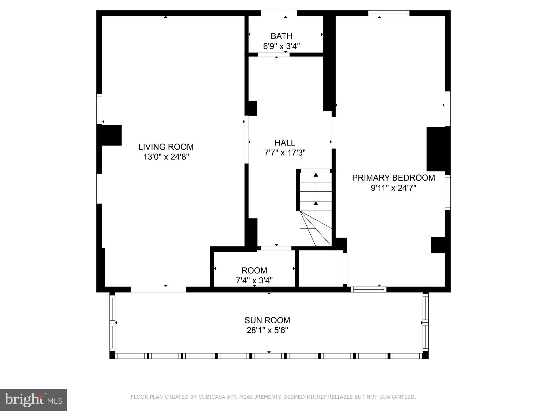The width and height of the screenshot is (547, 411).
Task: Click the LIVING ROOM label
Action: click(166, 147)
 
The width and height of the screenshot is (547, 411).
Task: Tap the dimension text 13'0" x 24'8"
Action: click(166, 157)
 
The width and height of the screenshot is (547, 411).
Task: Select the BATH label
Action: click(281, 36)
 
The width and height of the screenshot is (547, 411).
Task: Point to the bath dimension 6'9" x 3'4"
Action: click(281, 46)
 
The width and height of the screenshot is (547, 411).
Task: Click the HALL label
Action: click(285, 143)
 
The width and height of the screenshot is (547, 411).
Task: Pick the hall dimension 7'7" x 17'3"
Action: click(285, 153)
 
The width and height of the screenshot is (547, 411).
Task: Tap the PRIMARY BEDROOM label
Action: click(393, 178)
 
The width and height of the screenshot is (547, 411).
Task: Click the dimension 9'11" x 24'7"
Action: click(393, 188)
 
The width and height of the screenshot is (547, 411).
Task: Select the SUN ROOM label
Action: click(267, 320)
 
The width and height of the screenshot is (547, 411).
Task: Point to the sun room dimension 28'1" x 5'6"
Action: click(267, 330)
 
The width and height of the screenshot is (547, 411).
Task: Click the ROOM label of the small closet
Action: click(254, 270)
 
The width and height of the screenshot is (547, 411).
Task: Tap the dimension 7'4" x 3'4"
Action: click(254, 280)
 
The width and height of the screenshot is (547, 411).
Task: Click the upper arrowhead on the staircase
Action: click(316, 175)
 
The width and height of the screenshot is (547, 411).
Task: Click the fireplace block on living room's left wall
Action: click(112, 135)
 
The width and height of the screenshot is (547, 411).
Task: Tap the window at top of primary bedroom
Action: click(389, 13)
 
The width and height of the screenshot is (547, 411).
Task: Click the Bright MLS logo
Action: click(33, 400)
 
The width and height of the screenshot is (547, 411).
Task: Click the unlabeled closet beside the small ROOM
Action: click(321, 268)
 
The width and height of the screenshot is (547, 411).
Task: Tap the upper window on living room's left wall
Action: click(99, 109)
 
